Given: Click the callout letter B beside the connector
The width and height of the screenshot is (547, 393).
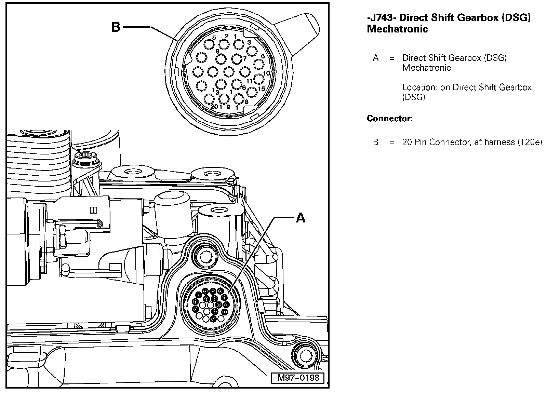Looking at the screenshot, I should pos(116,27).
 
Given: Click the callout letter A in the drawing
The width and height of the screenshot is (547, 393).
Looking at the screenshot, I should pos(300,217).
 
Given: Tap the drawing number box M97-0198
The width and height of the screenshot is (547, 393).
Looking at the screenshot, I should pos(298,378).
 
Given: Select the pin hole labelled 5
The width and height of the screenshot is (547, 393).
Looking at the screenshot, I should pos(209,44).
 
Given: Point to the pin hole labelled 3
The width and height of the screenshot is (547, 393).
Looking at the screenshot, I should pos(252,51).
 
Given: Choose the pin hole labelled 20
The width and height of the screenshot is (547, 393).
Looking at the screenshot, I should pos(209,99).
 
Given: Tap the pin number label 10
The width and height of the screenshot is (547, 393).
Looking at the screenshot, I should pos(267,73).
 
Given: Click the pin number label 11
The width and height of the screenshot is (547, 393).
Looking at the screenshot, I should pos(250,81).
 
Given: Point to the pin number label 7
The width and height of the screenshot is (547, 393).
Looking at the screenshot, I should pos(245,59).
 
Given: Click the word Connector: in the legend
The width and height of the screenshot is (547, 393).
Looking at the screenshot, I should pos(390,119).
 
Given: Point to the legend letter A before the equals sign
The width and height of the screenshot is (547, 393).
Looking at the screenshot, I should pos(376,58).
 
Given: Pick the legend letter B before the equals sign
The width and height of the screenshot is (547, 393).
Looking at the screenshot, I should pos(376,142).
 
